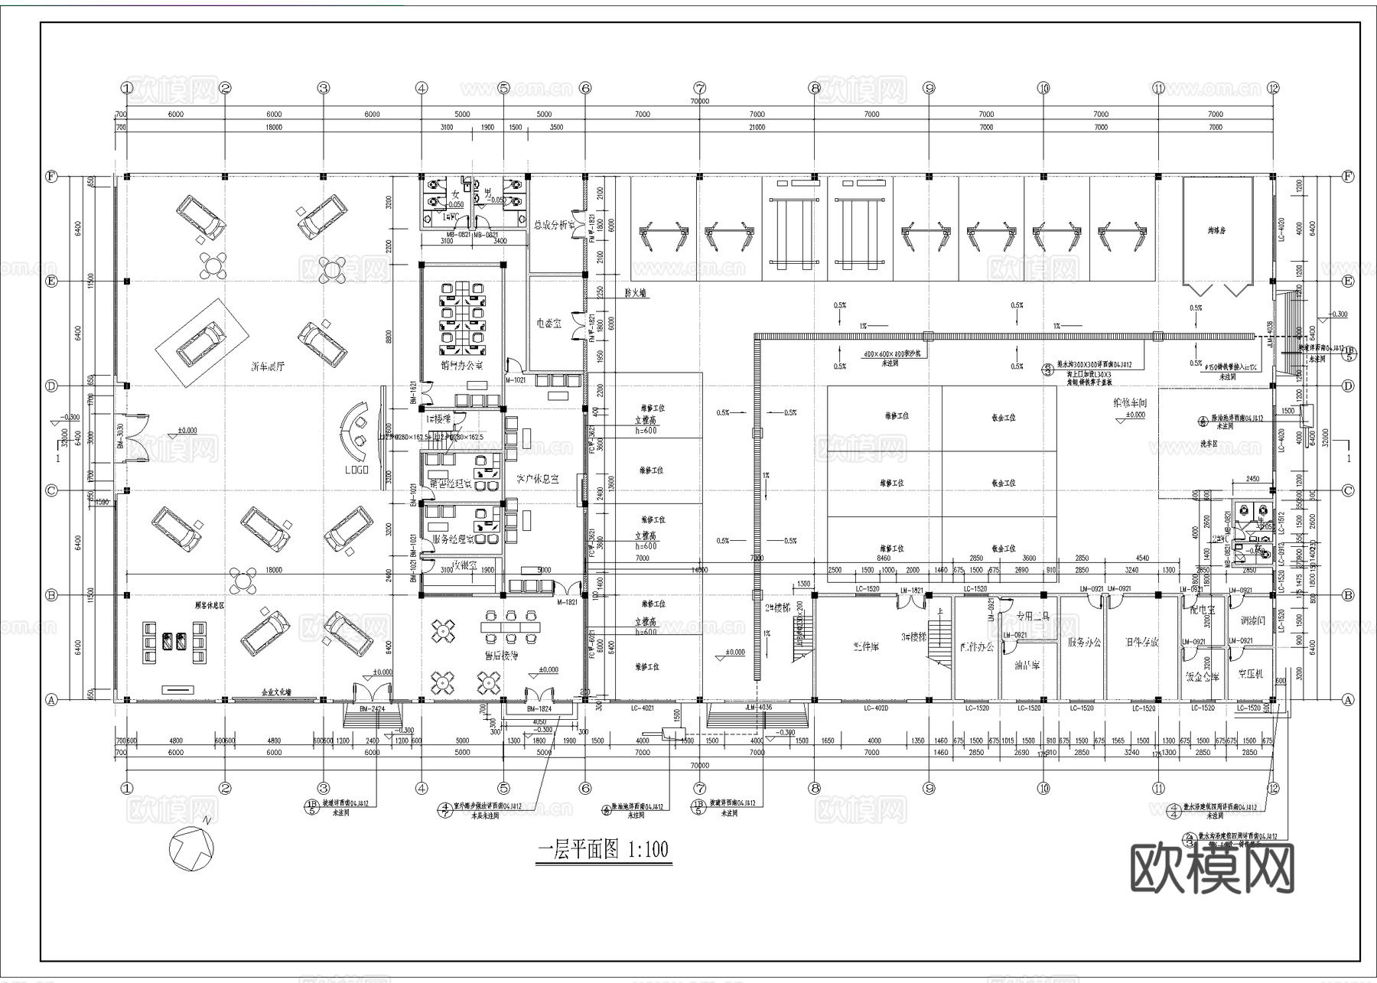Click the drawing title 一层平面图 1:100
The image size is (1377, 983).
coord(604,850)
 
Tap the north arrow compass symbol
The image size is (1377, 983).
coord(191,848)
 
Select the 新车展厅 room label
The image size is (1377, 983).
coord(267,366)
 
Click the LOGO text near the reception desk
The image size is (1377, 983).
coord(356,470)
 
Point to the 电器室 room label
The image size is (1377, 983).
coord(549,324)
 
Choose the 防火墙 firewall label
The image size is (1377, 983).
coord(636,293)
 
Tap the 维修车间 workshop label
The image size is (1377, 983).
coord(1130,402)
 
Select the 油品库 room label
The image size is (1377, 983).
coord(1027,666)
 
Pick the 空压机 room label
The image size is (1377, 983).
coord(1251,674)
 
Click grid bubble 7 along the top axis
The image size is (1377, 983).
coord(699,88)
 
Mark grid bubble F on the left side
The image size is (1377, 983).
coord(51,177)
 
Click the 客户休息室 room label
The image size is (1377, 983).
coord(537,479)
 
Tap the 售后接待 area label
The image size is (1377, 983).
coord(501,656)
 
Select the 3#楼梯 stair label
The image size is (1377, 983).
coord(913,636)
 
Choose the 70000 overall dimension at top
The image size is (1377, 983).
coord(699,101)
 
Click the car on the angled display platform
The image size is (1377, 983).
coord(202,343)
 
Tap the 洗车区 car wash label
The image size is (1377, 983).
coord(1209,444)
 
